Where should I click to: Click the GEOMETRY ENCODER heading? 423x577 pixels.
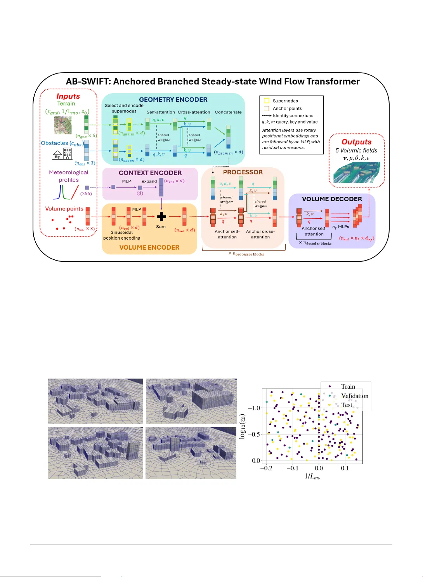173,99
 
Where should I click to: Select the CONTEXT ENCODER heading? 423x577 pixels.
150,173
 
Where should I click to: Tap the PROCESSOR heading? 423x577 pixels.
243,172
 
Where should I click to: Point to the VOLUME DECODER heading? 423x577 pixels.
332,199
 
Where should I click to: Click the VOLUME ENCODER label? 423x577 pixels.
149,247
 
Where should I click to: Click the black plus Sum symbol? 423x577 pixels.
161,217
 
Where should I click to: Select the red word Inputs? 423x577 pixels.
68,96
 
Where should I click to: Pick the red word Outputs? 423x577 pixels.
356,142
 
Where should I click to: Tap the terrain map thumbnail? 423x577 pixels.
63,125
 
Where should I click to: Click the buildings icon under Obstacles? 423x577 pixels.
62,154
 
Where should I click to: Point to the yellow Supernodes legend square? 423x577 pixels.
267,101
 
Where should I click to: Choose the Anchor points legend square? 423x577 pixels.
267,108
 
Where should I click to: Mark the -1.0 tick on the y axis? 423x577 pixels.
254,408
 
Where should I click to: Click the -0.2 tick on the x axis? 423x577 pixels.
266,468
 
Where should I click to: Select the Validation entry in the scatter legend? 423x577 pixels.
354,396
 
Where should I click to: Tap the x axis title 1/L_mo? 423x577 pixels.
312,476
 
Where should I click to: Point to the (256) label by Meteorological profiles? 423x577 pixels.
86,193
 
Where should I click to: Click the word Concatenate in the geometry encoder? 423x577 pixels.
228,112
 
